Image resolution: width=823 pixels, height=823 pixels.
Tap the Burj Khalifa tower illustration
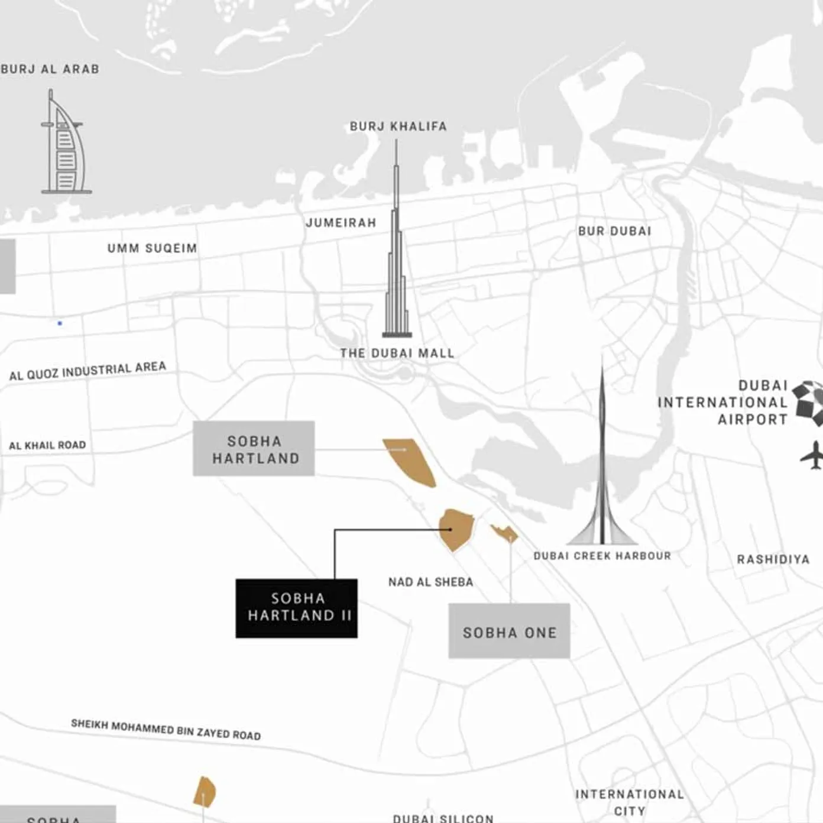[x=397, y=254]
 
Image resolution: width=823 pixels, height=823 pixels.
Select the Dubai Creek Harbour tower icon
[x=602, y=473]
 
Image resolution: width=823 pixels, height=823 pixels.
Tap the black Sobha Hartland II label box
[x=296, y=608]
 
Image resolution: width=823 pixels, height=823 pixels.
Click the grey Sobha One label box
[x=509, y=631]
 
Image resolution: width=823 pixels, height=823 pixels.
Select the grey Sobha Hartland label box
[x=254, y=449]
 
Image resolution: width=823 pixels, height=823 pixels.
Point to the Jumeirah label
[x=341, y=223]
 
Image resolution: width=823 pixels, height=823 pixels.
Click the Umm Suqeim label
[x=152, y=248]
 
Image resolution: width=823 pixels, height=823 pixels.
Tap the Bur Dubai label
[x=614, y=231]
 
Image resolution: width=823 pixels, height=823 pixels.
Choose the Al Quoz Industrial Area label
[x=88, y=371]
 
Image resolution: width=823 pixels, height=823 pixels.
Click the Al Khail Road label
[x=47, y=445]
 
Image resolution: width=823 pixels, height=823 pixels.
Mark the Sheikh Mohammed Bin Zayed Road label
[x=166, y=730]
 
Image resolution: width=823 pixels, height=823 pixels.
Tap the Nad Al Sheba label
[x=430, y=582]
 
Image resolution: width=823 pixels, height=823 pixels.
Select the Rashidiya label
[x=773, y=559]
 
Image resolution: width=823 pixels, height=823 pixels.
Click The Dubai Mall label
[x=397, y=354]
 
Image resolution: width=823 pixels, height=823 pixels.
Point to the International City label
[x=629, y=802]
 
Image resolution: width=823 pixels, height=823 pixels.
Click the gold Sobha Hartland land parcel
[x=410, y=461]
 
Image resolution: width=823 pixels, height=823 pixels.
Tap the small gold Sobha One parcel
[x=504, y=533]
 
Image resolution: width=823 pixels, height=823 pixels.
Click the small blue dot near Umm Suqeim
[x=60, y=323]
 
